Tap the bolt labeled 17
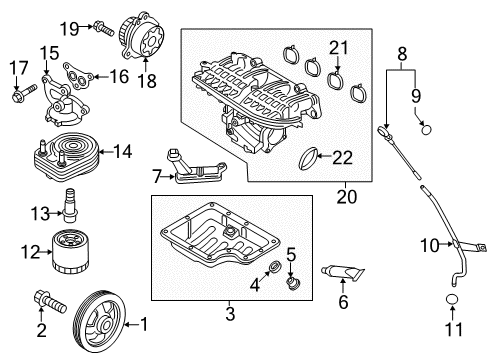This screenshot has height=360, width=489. (x=20, y=96)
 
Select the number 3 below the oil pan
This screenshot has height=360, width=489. (x=229, y=314)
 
